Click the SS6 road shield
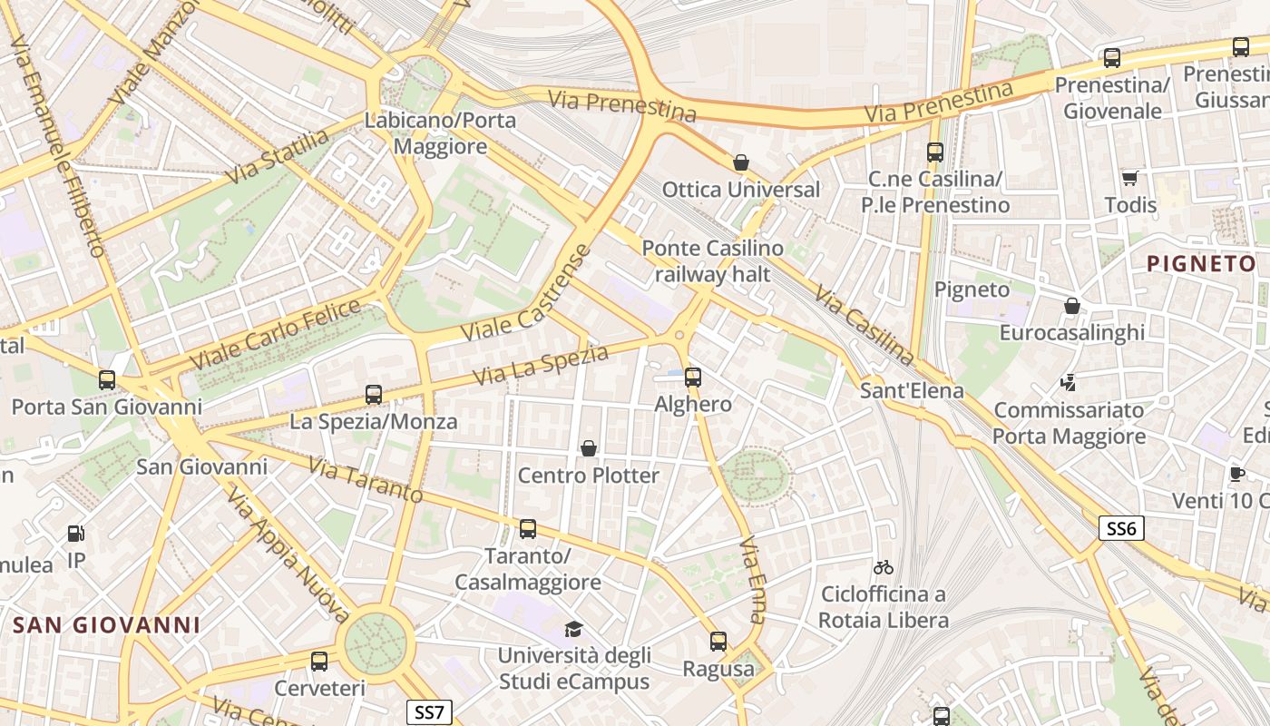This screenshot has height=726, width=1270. [x=1120, y=528]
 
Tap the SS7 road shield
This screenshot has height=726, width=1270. [x=428, y=711]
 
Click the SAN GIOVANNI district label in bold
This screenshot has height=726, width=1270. [x=106, y=624]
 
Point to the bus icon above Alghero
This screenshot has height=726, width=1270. [x=693, y=377]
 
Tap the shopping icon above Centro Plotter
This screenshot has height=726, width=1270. [x=589, y=448]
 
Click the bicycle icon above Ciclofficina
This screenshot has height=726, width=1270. [x=883, y=567]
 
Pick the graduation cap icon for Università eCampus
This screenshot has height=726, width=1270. [x=573, y=629]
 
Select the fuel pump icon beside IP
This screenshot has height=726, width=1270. [x=76, y=535]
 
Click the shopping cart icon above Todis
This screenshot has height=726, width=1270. [x=1129, y=178]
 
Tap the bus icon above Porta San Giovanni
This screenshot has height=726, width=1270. [x=107, y=380]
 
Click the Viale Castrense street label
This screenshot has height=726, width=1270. [x=525, y=294]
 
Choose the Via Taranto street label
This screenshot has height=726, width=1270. [x=365, y=479]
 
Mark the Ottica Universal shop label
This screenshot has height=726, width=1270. [x=740, y=190]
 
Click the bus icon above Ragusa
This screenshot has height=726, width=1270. [x=718, y=642]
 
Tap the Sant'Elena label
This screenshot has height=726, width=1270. [x=911, y=392]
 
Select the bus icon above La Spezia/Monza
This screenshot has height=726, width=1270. [x=373, y=395]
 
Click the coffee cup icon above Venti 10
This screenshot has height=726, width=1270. [x=1236, y=474]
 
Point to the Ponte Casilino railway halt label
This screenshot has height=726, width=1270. [x=712, y=260]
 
